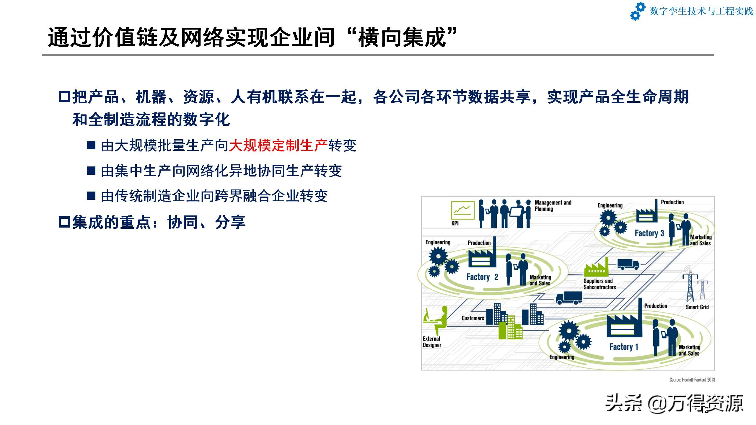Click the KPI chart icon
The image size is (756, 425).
[x=463, y=210]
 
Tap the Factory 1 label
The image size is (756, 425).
[x=624, y=347]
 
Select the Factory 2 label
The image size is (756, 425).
[x=482, y=277]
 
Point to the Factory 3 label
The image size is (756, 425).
[x=649, y=233]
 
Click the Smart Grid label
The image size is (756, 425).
[x=697, y=307]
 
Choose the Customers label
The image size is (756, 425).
[x=473, y=318]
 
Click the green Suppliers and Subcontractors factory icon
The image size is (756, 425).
[x=596, y=267]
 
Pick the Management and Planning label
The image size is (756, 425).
[x=553, y=206]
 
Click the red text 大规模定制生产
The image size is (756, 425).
[x=278, y=146]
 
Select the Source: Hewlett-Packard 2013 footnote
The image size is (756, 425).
[x=692, y=380]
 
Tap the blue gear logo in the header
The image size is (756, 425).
[x=638, y=11]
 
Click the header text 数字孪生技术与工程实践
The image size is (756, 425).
[x=701, y=12]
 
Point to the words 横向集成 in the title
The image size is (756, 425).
[x=402, y=38]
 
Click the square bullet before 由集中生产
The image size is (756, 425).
[x=91, y=171]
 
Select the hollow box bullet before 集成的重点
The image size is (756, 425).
[x=64, y=222]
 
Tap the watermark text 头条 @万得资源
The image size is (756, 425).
[x=674, y=404]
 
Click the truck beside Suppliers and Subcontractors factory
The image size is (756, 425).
[x=628, y=264]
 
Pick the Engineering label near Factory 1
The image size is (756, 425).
[x=562, y=357]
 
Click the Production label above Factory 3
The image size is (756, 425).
[x=672, y=202]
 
